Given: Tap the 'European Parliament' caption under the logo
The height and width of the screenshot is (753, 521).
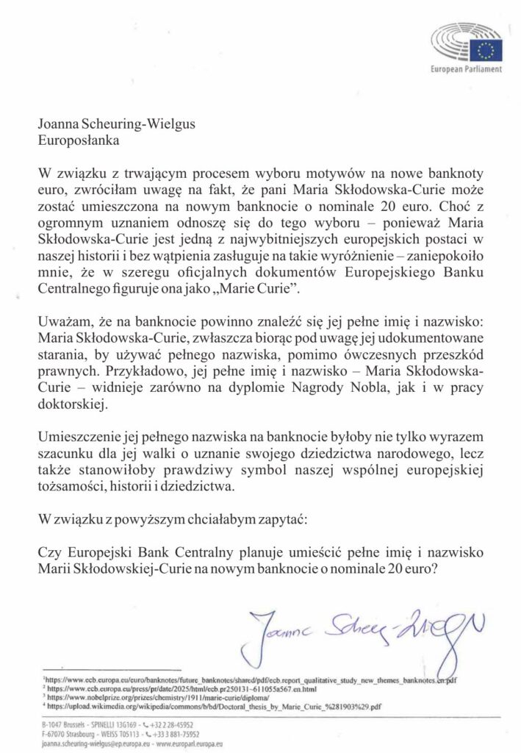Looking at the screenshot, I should point(466,68).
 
